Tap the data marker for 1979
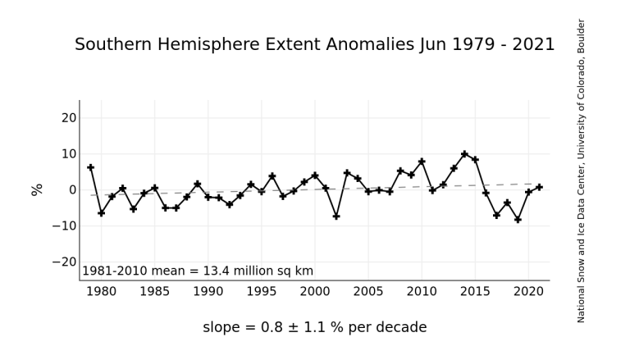pyautogui.click(x=91, y=167)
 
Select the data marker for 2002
pyautogui.click(x=336, y=216)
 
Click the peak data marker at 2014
pyautogui.click(x=464, y=154)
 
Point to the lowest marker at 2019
pyautogui.click(x=518, y=220)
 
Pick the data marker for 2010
pyautogui.click(x=422, y=162)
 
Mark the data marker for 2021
pyautogui.click(x=539, y=187)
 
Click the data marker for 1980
pyautogui.click(x=102, y=213)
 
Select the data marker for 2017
pyautogui.click(x=496, y=215)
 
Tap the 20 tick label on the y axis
pyautogui.click(x=69, y=118)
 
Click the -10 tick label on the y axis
pyautogui.click(x=65, y=226)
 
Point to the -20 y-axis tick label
pyautogui.click(x=65, y=262)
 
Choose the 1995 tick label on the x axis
pyautogui.click(x=262, y=291)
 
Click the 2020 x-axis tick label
pyautogui.click(x=528, y=291)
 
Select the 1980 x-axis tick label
pyautogui.click(x=102, y=291)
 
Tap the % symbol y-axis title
pyautogui.click(x=37, y=189)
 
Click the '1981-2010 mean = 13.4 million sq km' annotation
pyautogui.click(x=198, y=271)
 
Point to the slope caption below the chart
pyautogui.click(x=314, y=328)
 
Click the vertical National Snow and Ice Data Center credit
pyautogui.click(x=582, y=171)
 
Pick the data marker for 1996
pyautogui.click(x=272, y=176)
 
